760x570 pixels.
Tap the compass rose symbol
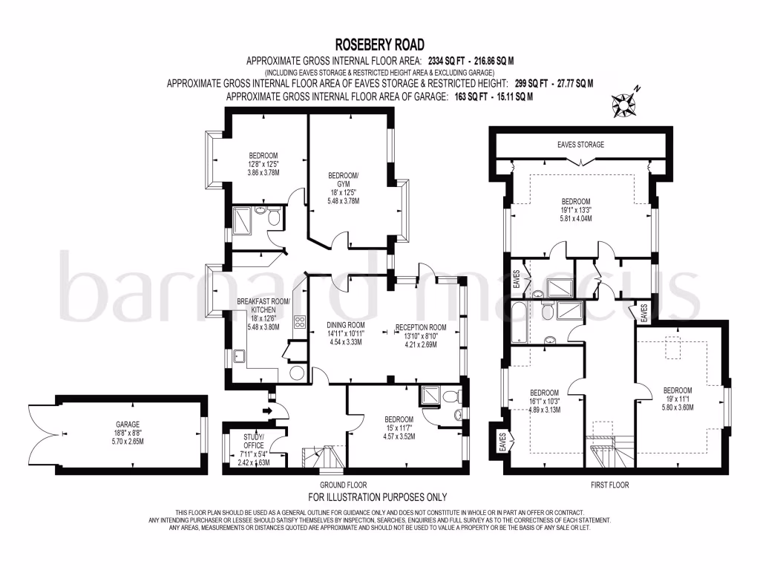(x=624, y=105)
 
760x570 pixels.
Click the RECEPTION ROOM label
(x=420, y=327)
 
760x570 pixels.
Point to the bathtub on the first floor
(x=517, y=315)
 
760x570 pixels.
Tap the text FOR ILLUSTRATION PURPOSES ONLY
(x=377, y=497)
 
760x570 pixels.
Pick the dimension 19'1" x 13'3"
(x=576, y=210)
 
